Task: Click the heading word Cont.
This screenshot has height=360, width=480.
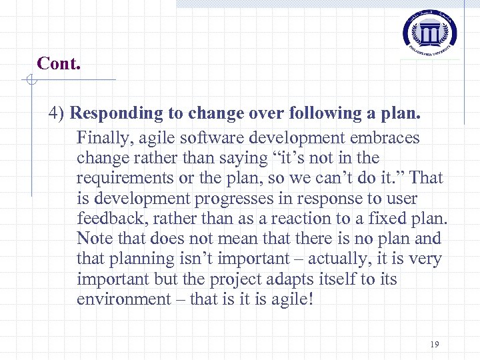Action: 59,63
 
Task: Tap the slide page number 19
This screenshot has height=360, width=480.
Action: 435,345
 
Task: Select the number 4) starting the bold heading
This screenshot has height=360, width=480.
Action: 57,113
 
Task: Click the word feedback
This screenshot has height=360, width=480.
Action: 109,219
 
